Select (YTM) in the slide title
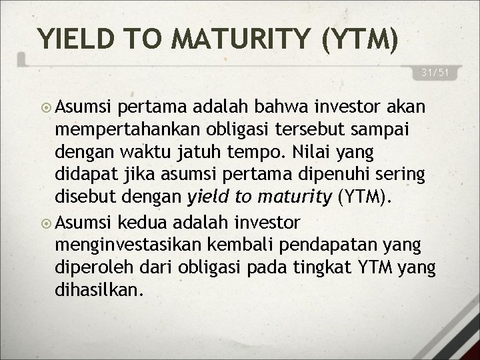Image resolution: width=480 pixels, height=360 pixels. (360, 39)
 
